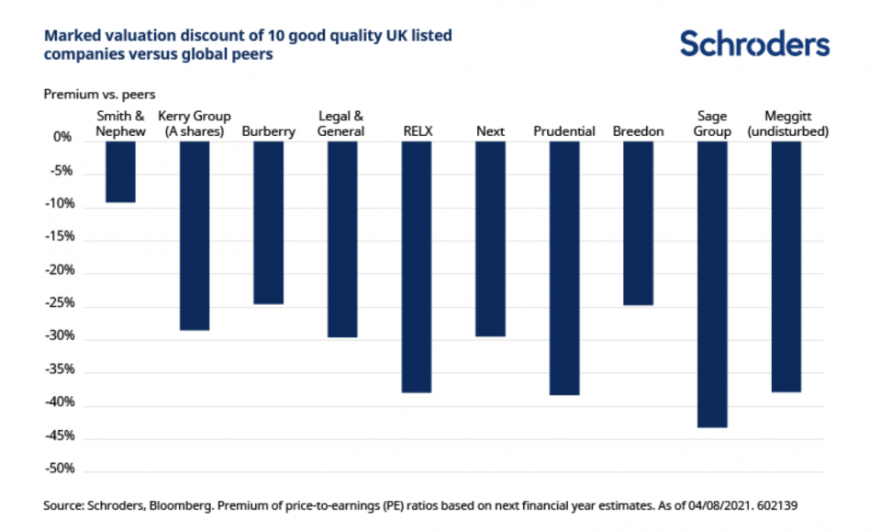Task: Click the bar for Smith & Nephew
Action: pyautogui.click(x=120, y=171)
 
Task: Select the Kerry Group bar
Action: pyautogui.click(x=195, y=235)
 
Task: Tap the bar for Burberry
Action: pyautogui.click(x=268, y=222)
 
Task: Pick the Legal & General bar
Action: pyautogui.click(x=342, y=239)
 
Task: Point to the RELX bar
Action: pyautogui.click(x=417, y=266)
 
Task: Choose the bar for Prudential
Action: pyautogui.click(x=564, y=267)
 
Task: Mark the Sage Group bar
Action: pyautogui.click(x=712, y=284)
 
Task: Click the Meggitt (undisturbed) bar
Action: pyautogui.click(x=786, y=266)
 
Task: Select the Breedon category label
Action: pyautogui.click(x=638, y=131)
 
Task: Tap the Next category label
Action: pyautogui.click(x=490, y=131)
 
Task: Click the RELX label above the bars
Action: pyautogui.click(x=417, y=131)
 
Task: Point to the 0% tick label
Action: pyautogui.click(x=62, y=139)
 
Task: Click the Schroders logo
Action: pyautogui.click(x=754, y=44)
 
